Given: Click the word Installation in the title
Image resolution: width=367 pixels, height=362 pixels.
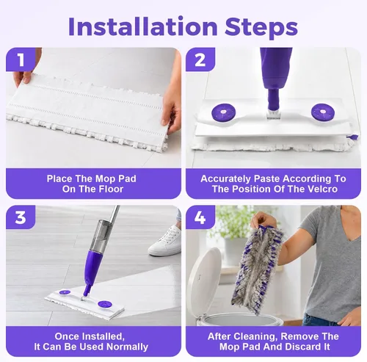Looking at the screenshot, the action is [x=143, y=26].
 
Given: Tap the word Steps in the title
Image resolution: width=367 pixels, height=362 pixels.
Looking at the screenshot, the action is [x=261, y=27].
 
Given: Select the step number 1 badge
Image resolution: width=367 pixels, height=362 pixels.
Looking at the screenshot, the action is [x=21, y=59].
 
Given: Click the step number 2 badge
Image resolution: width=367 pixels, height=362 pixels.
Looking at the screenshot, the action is [x=200, y=59].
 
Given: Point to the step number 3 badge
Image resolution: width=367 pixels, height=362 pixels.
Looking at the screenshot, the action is [x=21, y=217].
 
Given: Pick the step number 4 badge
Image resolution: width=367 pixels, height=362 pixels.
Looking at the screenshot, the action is [x=200, y=217].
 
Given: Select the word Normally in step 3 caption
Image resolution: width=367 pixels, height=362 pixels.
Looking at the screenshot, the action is [x=128, y=347].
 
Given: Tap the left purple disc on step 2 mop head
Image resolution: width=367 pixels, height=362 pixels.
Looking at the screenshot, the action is [x=223, y=112].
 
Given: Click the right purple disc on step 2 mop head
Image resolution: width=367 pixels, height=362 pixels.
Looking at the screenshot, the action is [x=323, y=112].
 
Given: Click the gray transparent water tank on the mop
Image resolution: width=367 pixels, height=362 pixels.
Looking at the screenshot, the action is [x=102, y=235].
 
